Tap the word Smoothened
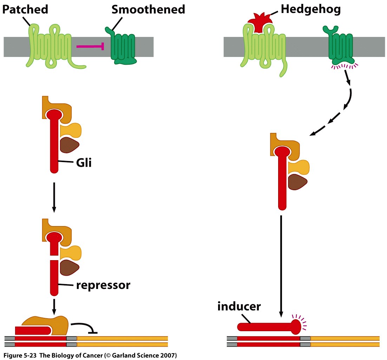point(148,9)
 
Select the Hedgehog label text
point(311,9)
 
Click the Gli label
point(84,162)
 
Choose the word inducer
point(239,306)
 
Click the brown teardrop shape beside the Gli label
point(70,145)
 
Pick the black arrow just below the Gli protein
point(54,197)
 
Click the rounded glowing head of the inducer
point(296,327)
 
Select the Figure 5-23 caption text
point(90,355)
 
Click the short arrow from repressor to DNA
point(54,307)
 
